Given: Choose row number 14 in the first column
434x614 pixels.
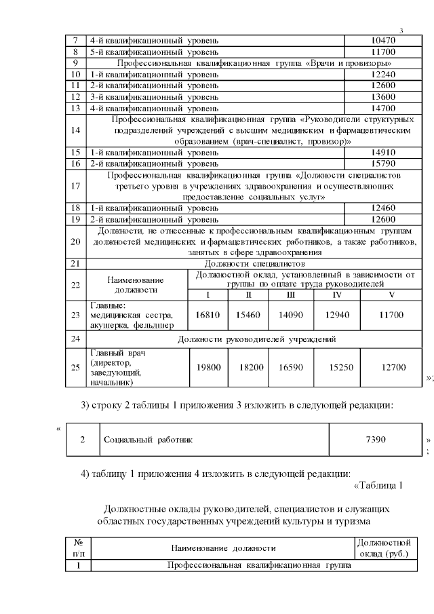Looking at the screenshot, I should pyautogui.click(x=75, y=130).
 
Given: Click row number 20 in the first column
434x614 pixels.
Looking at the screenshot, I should pyautogui.click(x=75, y=242).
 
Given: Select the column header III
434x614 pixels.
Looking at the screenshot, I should pyautogui.click(x=290, y=294).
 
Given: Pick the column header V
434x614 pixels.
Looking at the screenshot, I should pyautogui.click(x=391, y=294).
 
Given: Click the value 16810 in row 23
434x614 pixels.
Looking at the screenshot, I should pyautogui.click(x=207, y=315).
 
